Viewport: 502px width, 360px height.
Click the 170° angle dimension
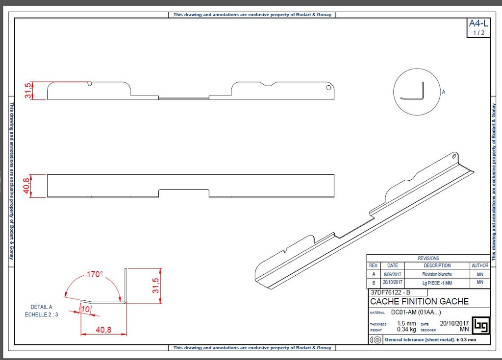click(x=95, y=274)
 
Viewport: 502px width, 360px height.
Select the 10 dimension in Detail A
click(x=86, y=309)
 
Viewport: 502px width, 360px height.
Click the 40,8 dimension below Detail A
click(x=103, y=330)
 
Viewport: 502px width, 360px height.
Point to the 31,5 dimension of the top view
click(x=28, y=91)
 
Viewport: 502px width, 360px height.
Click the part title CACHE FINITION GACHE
click(x=419, y=301)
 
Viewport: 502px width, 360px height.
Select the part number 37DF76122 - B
click(x=390, y=292)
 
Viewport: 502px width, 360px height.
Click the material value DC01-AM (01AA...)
click(x=416, y=312)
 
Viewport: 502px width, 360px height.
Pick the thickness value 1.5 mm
click(x=406, y=323)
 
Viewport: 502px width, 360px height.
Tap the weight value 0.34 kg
click(x=406, y=330)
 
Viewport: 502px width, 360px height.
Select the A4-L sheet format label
click(x=478, y=24)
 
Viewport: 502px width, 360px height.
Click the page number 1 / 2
click(x=478, y=33)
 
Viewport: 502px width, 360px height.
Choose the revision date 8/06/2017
click(x=392, y=274)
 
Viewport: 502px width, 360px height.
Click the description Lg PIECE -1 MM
click(x=437, y=283)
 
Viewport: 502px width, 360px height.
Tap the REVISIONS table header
click(x=428, y=258)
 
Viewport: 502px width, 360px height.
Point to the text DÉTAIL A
click(x=41, y=307)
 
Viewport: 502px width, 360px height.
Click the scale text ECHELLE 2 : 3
click(x=42, y=314)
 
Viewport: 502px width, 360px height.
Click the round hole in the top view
click(x=328, y=88)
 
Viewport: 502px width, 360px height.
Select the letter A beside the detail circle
click(x=443, y=92)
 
